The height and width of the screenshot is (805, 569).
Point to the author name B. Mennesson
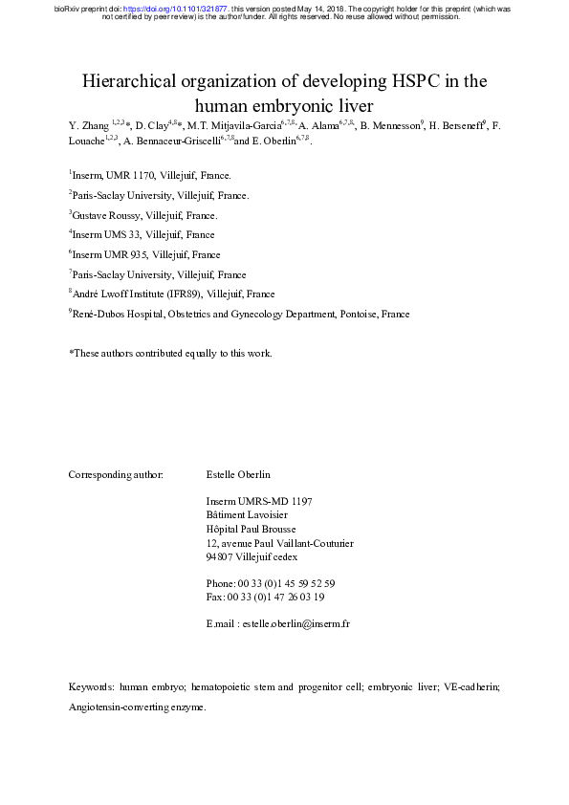393,125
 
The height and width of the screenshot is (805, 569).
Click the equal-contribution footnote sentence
170,354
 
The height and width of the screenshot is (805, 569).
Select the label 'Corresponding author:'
117,474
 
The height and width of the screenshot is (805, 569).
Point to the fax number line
265,598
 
